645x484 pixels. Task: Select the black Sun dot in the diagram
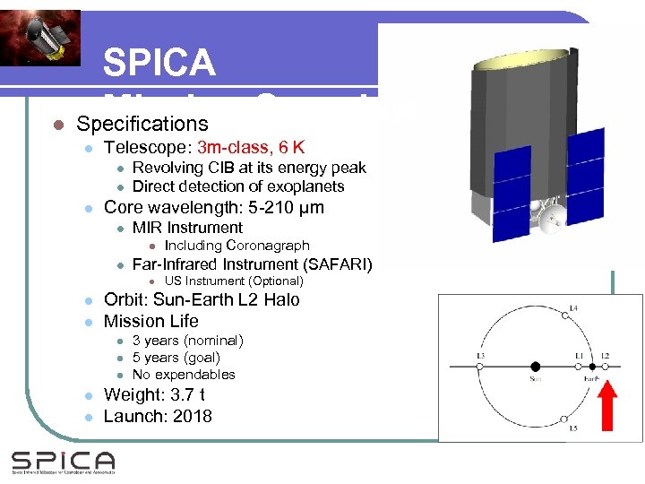(535, 367)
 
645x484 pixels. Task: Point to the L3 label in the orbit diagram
(480, 357)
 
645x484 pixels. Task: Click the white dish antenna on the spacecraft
(548, 214)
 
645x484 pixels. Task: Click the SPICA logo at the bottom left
(63, 462)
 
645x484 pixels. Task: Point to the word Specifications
(142, 124)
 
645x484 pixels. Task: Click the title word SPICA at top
(159, 63)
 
